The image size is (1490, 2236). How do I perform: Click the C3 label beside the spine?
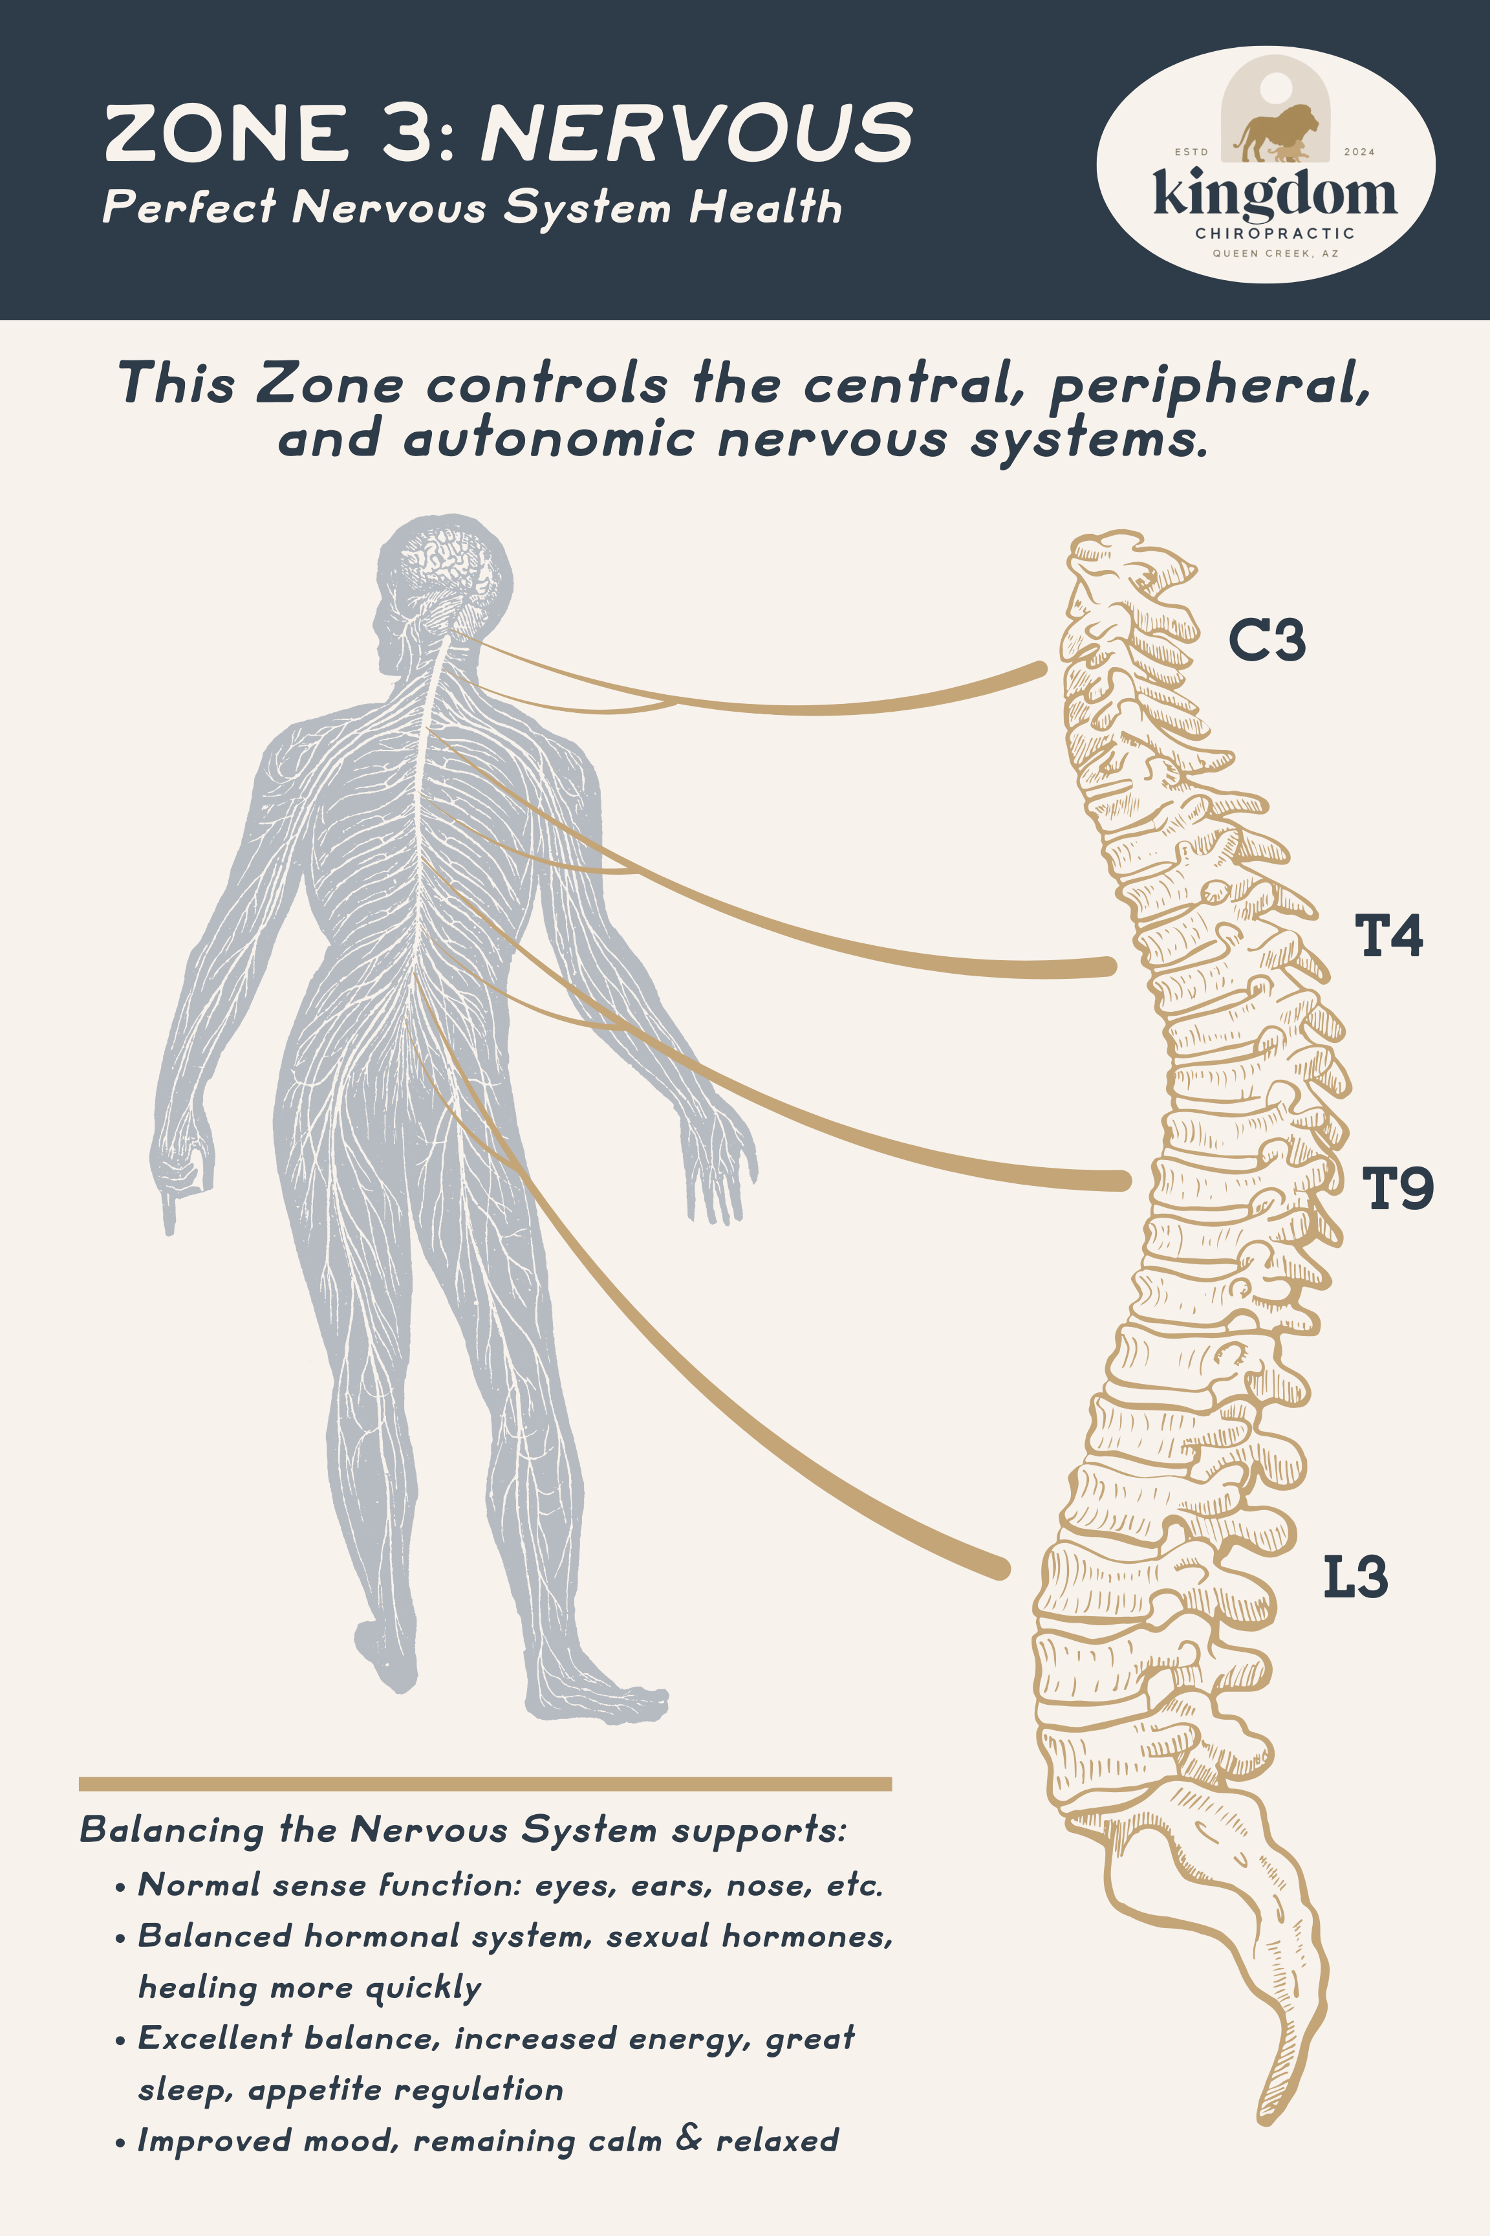1267,640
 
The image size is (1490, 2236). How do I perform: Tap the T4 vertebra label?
1388,936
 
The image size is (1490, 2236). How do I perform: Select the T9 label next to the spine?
1397,1189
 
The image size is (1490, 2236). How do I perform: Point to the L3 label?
1356,1578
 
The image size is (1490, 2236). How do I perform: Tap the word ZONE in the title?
227,133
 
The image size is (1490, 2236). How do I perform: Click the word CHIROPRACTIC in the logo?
1274,233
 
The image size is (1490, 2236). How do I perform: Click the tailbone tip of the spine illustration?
1267,2116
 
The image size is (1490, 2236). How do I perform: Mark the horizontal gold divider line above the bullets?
484,1784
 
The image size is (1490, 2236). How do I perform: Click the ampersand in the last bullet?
689,2139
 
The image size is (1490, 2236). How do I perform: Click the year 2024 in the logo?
1359,152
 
